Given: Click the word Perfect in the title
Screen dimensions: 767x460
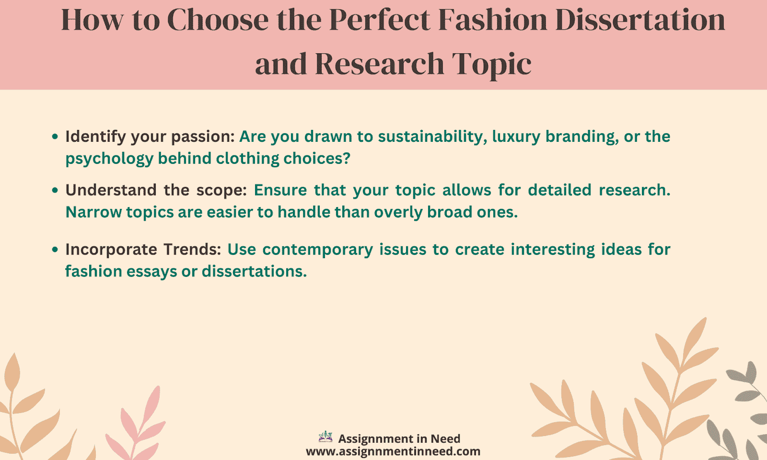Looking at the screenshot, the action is tap(380, 20).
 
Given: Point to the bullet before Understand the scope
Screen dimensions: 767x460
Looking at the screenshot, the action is tap(55, 190).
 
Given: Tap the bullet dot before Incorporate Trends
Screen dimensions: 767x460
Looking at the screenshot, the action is tap(55, 250).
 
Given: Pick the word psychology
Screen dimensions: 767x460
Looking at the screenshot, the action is tap(110, 159).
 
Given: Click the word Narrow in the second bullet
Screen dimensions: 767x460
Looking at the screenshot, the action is tap(93, 212).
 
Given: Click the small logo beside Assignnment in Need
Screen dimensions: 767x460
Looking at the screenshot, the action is tap(325, 436).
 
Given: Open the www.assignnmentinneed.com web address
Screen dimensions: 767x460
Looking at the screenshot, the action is tap(393, 451).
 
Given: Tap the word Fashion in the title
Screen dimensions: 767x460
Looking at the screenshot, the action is tap(493, 20).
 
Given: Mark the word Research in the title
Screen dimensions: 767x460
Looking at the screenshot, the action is tap(380, 64).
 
